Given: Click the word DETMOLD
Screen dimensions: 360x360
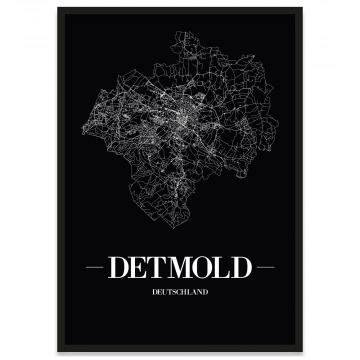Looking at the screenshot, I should click(x=180, y=269).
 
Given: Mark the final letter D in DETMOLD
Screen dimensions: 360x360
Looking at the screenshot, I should click(x=236, y=269).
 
